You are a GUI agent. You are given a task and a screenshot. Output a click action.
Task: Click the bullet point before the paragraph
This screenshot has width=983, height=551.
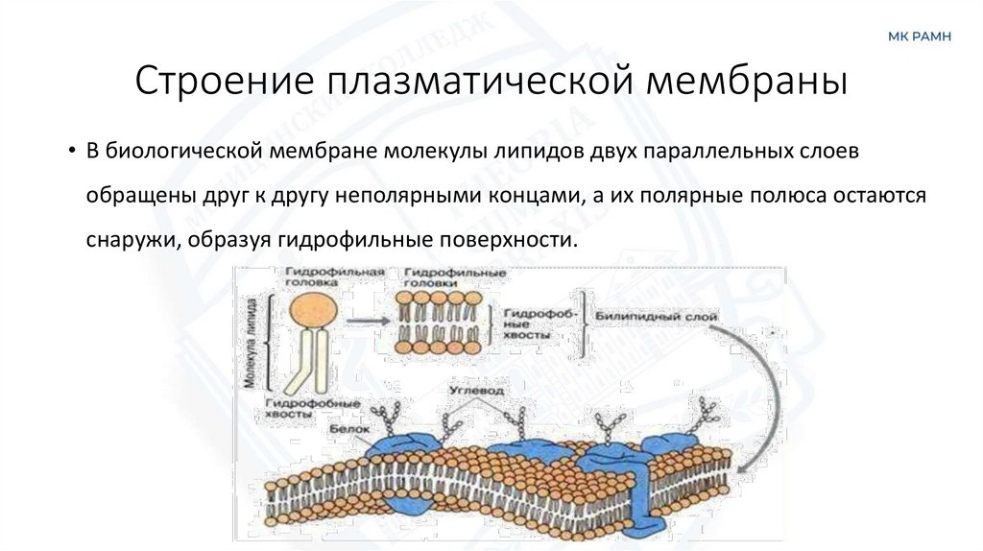(x=71, y=153)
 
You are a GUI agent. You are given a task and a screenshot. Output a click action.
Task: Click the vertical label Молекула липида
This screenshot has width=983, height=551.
(x=251, y=350)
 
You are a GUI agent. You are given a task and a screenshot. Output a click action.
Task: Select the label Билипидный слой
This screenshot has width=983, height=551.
(x=643, y=316)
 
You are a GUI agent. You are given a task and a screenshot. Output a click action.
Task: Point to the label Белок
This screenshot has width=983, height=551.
(x=344, y=431)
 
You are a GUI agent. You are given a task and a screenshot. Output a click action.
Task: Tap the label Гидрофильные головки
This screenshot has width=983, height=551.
(x=454, y=278)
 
